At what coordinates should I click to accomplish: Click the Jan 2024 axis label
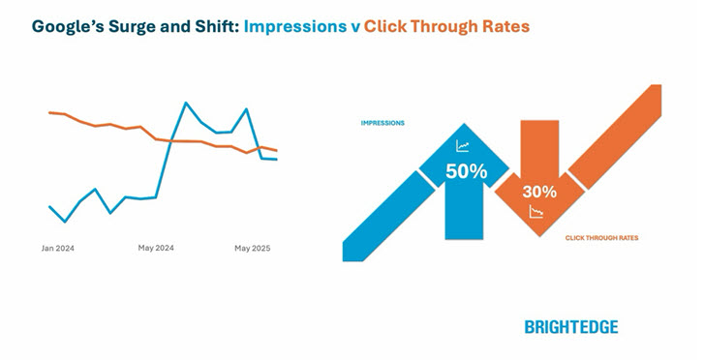click(57, 249)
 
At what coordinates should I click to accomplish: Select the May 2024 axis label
click(156, 249)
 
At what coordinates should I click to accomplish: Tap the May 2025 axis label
click(252, 249)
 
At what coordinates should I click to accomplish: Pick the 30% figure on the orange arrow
click(539, 192)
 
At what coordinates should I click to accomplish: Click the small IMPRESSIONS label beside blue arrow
click(383, 124)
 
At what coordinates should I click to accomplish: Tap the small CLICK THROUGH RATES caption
click(601, 237)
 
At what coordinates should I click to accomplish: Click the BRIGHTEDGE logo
click(570, 326)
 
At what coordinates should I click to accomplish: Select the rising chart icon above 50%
click(463, 147)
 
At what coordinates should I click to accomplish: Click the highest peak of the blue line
click(184, 102)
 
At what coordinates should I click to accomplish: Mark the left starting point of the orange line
click(48, 112)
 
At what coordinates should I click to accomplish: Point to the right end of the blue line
click(277, 159)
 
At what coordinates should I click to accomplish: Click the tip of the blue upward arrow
click(464, 124)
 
